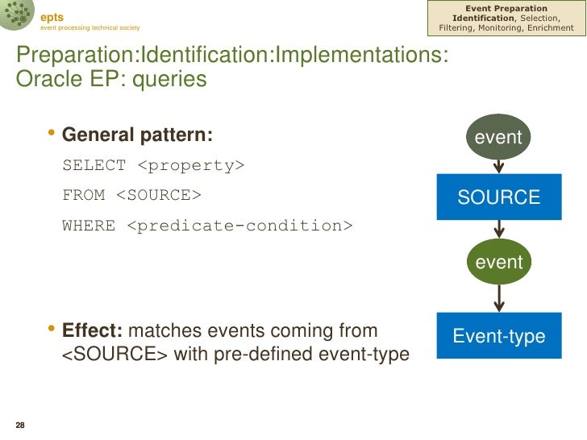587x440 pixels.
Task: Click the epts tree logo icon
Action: coord(17,17)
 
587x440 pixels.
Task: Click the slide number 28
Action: coord(20,425)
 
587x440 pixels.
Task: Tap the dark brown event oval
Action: coord(498,138)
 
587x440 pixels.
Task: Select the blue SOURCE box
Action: coord(498,197)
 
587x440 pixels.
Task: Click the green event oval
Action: coord(498,262)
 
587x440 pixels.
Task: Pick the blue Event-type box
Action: coord(498,336)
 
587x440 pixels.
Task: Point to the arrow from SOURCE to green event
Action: coord(498,230)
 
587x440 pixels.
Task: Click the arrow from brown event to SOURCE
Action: coord(498,165)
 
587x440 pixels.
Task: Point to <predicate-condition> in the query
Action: coord(239,226)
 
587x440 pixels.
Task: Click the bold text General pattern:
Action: coord(138,135)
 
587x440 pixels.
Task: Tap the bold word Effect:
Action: coord(93,331)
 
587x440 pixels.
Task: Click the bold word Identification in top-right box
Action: coord(483,18)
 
